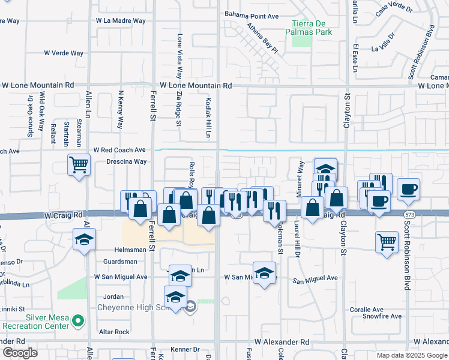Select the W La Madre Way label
point(121,20)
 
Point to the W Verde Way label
point(63,53)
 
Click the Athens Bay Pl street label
point(263,38)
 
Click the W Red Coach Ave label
point(120,149)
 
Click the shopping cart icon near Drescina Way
point(79,165)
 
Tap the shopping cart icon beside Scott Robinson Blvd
point(387,242)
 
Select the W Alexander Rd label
point(281,341)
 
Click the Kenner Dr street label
point(184,349)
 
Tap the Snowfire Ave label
point(385,316)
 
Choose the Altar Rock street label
point(114,332)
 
